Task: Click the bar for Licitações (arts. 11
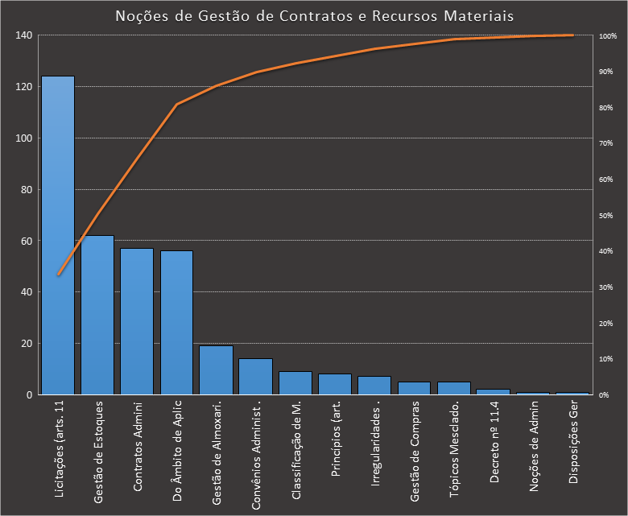58,235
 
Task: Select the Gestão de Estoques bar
97,315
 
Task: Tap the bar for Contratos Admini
137,321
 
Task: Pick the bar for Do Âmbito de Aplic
176,322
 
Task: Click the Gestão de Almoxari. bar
216,370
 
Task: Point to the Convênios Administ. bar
255,377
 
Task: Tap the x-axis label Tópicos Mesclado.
454,439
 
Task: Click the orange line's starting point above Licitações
58,275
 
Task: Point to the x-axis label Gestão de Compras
415,440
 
